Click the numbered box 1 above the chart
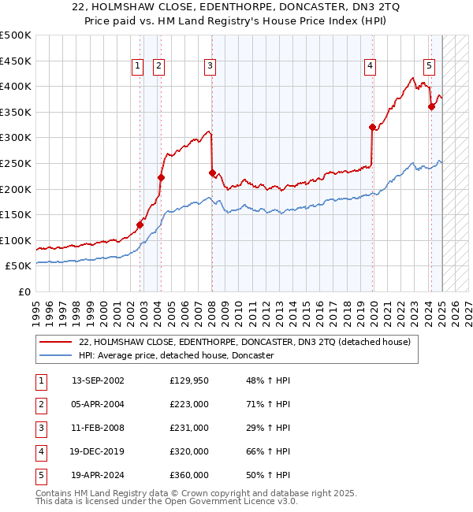[138, 67]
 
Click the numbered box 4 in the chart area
[370, 67]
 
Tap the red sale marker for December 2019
[372, 127]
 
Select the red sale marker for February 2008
[212, 173]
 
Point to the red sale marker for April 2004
[161, 177]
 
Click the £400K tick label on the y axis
[16, 86]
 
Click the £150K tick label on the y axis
[16, 214]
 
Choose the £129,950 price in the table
[189, 380]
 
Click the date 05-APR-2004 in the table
[98, 404]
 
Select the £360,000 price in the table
[189, 475]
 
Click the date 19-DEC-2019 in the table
[98, 451]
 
